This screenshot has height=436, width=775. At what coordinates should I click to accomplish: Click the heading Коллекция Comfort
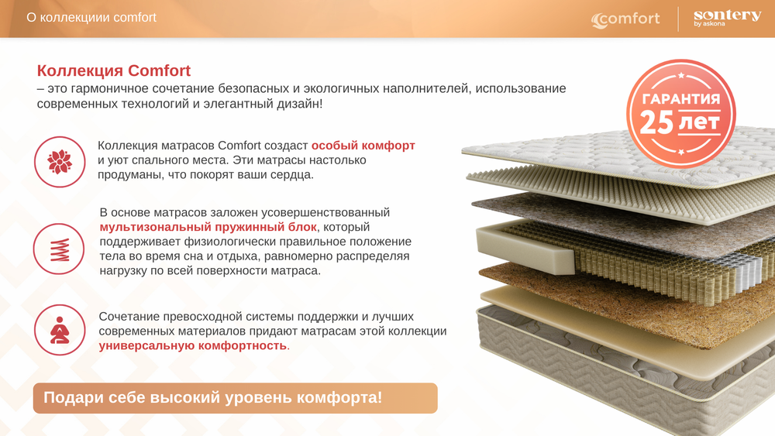(x=114, y=71)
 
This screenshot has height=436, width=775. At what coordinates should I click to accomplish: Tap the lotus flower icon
(x=60, y=162)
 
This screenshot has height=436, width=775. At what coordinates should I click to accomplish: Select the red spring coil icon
(x=59, y=249)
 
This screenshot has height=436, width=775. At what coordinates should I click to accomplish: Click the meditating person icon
(x=60, y=330)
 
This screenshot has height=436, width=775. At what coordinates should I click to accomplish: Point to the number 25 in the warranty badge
(x=656, y=122)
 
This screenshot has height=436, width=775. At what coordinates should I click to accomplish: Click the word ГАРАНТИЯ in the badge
(x=680, y=99)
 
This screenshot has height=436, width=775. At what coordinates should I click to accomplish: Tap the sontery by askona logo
(x=726, y=19)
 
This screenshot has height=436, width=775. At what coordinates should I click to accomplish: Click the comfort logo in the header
(x=626, y=19)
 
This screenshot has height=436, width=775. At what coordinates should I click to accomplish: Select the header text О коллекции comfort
(x=91, y=17)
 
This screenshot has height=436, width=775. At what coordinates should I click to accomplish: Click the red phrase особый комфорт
(x=363, y=146)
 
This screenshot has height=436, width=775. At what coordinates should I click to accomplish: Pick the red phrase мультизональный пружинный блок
(x=208, y=227)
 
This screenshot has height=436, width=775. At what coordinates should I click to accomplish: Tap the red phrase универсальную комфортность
(x=193, y=345)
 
